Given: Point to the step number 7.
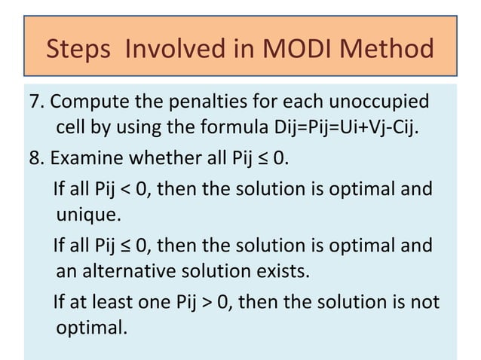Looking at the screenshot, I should pyautogui.click(x=34, y=102).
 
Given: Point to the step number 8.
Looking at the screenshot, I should pyautogui.click(x=34, y=160).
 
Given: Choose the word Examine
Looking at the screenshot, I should pyautogui.click(x=84, y=160).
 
